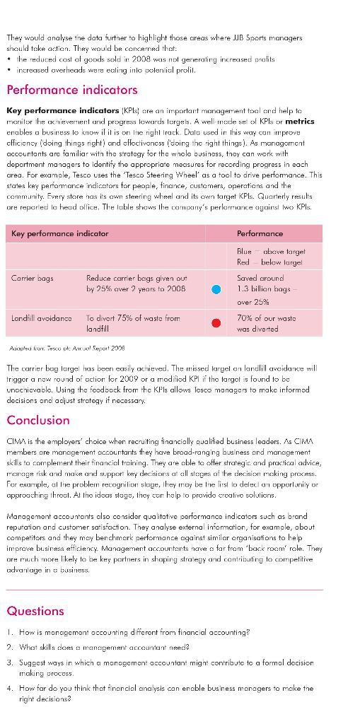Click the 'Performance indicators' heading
71,90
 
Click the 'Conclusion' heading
38,420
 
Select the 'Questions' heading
35,611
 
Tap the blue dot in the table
216,288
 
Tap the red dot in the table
216,323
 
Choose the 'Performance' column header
260,233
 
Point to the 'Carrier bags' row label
33,279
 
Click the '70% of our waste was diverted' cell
266,324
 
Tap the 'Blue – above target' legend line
271,251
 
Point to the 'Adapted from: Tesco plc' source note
67,349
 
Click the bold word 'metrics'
299,122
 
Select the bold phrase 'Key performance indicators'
62,112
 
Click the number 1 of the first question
9,632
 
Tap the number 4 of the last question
9,688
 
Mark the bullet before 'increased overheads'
9,70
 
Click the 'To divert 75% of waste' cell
133,323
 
